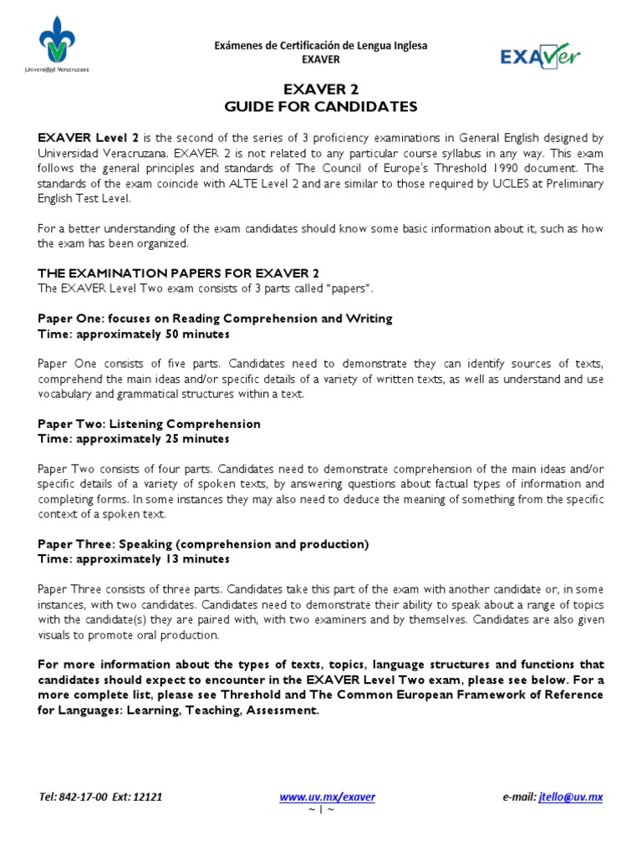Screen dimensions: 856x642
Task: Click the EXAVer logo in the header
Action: (539, 56)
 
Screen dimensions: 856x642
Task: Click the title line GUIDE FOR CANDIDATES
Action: (321, 107)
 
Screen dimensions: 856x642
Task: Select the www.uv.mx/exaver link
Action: (327, 797)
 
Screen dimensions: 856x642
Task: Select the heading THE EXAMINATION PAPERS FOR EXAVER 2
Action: (179, 273)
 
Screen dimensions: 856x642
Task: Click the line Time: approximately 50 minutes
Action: (134, 334)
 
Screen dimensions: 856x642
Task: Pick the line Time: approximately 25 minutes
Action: (134, 439)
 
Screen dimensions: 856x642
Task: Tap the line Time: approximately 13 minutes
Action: (134, 559)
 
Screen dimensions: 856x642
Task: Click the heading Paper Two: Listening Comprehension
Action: (150, 424)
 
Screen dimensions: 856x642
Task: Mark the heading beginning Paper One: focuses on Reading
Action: (215, 318)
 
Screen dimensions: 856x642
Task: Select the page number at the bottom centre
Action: (321, 810)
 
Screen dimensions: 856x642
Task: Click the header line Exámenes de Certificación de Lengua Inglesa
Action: (321, 45)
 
